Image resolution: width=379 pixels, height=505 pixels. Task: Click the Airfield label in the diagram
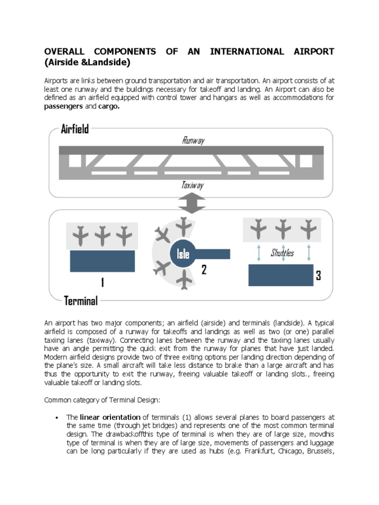tap(75, 129)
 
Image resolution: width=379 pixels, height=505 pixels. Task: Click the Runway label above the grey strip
tap(193, 141)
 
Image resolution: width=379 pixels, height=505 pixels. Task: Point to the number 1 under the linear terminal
tap(102, 283)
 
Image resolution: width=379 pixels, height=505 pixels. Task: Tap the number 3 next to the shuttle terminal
tap(318, 276)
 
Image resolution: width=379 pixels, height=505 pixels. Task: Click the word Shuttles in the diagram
tap(282, 253)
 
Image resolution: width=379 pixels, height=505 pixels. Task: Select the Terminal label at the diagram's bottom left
tap(81, 300)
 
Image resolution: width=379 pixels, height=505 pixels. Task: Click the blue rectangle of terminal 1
tap(102, 261)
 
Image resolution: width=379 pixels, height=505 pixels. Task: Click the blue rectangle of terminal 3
tap(280, 275)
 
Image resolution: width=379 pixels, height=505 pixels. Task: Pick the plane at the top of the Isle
tap(184, 226)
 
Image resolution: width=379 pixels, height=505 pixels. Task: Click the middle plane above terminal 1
tap(102, 236)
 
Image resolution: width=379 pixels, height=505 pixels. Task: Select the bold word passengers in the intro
tap(64, 107)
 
